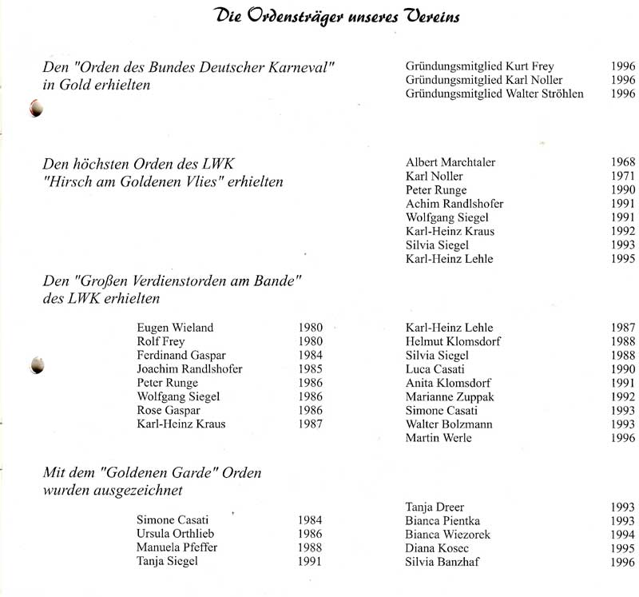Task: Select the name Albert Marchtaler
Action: [x=450, y=162]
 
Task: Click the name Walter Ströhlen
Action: [x=546, y=94]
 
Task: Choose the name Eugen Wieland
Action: [x=175, y=328]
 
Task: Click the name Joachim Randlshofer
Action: [x=189, y=369]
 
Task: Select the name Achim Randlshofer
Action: [x=454, y=204]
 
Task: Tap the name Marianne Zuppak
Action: [x=450, y=396]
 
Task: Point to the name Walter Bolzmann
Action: [x=450, y=424]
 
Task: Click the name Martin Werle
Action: [x=439, y=438]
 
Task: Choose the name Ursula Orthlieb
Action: [x=176, y=534]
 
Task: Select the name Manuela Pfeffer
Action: [x=177, y=547]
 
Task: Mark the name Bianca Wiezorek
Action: [x=447, y=535]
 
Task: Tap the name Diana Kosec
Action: [x=437, y=548]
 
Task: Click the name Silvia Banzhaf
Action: [x=443, y=562]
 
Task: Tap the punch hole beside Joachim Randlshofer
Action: [x=36, y=366]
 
